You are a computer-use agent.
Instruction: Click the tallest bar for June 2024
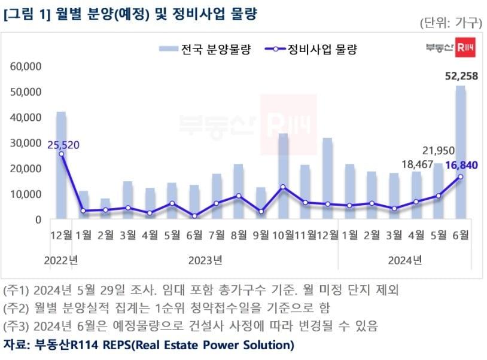click(460, 152)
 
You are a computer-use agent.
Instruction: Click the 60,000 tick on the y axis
click(26, 66)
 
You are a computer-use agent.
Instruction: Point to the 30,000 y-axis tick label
click(26, 143)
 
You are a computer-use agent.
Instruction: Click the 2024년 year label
click(404, 260)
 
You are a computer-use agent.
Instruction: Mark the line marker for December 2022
click(61, 154)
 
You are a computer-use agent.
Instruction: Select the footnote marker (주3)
click(17, 326)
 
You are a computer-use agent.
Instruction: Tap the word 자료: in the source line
click(17, 345)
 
